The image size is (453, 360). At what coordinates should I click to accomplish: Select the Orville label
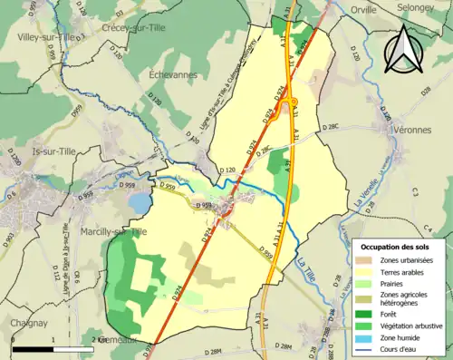363,10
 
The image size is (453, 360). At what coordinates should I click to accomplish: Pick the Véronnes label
413,130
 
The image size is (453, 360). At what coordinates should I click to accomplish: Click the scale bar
54,348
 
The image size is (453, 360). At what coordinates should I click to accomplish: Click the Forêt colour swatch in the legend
367,306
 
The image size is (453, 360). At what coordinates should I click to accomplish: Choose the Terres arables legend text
403,271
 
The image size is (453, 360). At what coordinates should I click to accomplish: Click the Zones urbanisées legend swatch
367,259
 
